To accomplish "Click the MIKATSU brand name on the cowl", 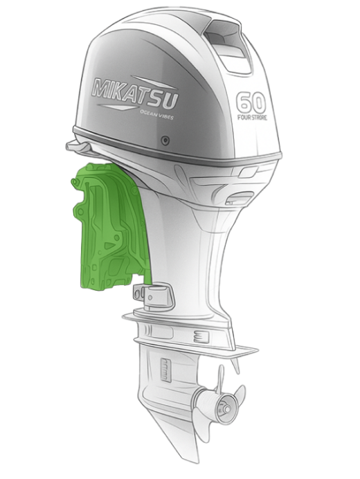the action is point(135,92).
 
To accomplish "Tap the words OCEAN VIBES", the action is point(156,115).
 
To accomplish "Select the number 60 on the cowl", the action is point(251,102).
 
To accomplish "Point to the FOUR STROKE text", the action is point(252,117).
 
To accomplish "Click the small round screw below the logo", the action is point(165,141).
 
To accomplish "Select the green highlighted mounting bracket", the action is point(110,227).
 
